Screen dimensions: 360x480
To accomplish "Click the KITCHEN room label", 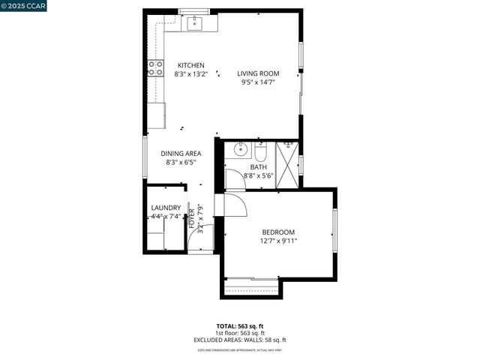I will click(x=190, y=65).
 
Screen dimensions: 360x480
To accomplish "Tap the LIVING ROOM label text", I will click(x=259, y=73).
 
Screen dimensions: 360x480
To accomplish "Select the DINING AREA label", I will click(x=181, y=154).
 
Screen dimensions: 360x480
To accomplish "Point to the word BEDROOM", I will click(x=278, y=232).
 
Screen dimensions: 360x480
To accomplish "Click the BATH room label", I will click(x=259, y=167).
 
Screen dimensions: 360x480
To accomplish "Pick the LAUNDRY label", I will click(x=166, y=208).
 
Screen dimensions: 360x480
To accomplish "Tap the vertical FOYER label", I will click(x=191, y=217).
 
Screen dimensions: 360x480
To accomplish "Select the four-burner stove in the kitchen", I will click(x=156, y=69).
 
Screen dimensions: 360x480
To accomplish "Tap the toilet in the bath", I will click(x=261, y=150).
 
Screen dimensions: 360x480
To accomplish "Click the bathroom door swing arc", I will click(x=233, y=179).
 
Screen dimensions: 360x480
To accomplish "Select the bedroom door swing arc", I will click(x=230, y=203).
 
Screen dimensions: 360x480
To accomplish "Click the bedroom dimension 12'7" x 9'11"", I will click(x=278, y=241).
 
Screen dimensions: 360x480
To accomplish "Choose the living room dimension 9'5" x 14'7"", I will click(x=259, y=82).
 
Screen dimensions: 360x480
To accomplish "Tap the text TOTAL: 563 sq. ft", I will click(x=239, y=326).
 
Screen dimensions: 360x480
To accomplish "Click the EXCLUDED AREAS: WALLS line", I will click(x=240, y=340).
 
